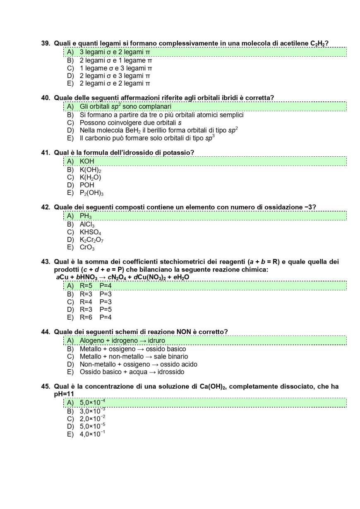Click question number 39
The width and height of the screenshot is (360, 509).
click(x=46, y=43)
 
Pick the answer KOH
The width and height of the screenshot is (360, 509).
click(x=87, y=161)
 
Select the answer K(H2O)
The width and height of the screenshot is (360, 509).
click(x=90, y=177)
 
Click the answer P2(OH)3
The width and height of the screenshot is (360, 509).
click(x=91, y=193)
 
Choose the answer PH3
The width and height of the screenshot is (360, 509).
click(x=86, y=216)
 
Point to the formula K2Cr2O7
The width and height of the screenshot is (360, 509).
click(x=91, y=240)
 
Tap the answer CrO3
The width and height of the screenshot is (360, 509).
click(x=87, y=248)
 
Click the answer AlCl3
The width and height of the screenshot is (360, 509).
click(x=87, y=225)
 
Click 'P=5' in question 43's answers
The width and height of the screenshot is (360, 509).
click(x=106, y=310)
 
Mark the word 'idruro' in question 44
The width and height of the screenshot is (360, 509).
click(x=156, y=341)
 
